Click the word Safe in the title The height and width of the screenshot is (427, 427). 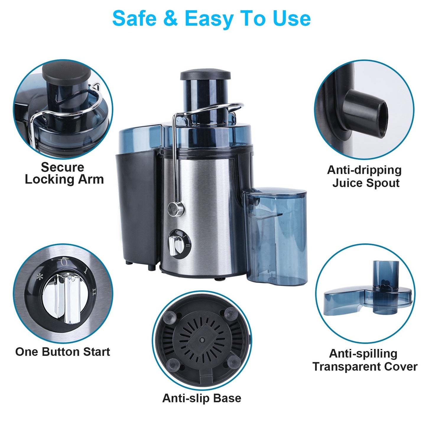coord(134,19)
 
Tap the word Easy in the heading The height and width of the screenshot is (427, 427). coord(209,19)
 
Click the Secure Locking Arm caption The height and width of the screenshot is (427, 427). coord(64,173)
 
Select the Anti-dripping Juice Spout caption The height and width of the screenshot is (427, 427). coord(365,176)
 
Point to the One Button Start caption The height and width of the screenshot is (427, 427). coord(62,352)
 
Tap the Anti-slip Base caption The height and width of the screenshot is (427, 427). coord(202,398)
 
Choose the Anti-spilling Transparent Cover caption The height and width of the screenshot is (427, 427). coord(365,360)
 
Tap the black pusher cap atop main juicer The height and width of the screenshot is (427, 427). coord(205,74)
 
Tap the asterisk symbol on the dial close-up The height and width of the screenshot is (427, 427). coord(39,277)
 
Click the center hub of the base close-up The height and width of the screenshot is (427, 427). coord(202,340)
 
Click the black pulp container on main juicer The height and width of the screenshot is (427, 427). coord(136,207)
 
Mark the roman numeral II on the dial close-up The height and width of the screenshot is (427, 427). coord(94,292)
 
